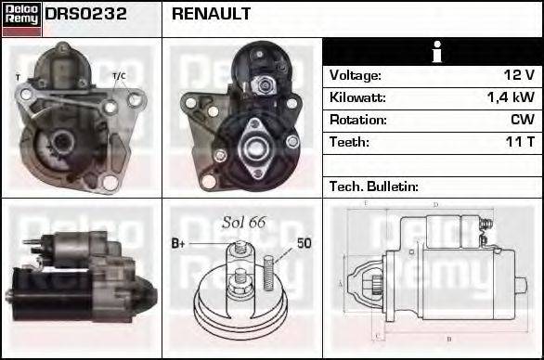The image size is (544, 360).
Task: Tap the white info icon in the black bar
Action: [434, 52]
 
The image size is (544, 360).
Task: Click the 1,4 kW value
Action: [511, 97]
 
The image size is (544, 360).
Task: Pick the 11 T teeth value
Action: [518, 142]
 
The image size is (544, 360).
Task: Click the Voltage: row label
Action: [356, 75]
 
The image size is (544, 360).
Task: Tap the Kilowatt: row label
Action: [357, 97]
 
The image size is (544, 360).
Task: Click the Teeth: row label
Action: [350, 142]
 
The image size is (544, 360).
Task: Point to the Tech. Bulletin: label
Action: [374, 186]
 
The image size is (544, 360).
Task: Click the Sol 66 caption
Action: [244, 222]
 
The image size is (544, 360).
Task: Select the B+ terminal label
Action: [178, 244]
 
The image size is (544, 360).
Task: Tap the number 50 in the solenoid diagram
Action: [304, 244]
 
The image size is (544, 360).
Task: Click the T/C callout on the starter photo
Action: [119, 75]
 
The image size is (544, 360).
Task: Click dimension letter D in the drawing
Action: [435, 205]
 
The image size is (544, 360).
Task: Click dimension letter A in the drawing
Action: [342, 282]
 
